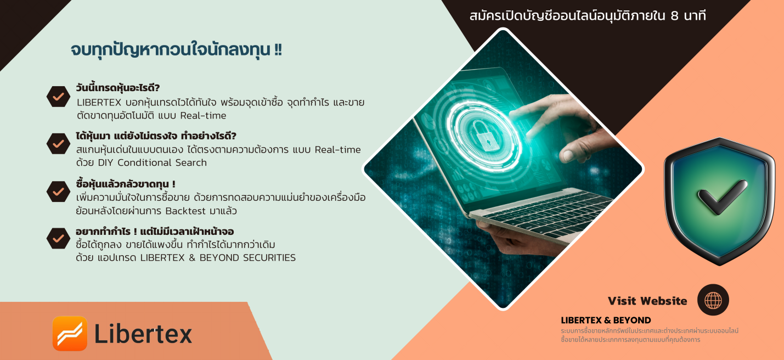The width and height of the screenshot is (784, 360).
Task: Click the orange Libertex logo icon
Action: pyautogui.click(x=70, y=334)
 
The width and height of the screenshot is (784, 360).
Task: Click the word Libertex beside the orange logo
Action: pyautogui.click(x=143, y=334)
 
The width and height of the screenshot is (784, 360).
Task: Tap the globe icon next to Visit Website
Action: pyautogui.click(x=713, y=300)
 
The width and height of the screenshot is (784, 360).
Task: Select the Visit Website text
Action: pyautogui.click(x=647, y=301)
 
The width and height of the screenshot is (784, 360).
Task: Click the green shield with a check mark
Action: pyautogui.click(x=719, y=201)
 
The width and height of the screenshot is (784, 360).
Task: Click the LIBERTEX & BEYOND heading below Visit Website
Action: pyautogui.click(x=606, y=320)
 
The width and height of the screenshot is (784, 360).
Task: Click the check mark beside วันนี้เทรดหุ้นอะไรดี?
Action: pyautogui.click(x=59, y=96)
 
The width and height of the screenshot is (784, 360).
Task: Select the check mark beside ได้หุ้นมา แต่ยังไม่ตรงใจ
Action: pyautogui.click(x=59, y=144)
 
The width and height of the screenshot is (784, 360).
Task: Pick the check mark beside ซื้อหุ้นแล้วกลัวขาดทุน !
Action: pyautogui.click(x=59, y=192)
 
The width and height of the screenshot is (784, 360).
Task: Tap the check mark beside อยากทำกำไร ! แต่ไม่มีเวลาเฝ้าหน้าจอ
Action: pyautogui.click(x=59, y=239)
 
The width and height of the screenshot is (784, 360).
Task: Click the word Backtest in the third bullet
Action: pyautogui.click(x=185, y=211)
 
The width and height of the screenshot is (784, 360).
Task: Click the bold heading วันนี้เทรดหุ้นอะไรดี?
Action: pyautogui.click(x=118, y=88)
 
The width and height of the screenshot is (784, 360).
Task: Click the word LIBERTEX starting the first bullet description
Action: pyautogui.click(x=99, y=103)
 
